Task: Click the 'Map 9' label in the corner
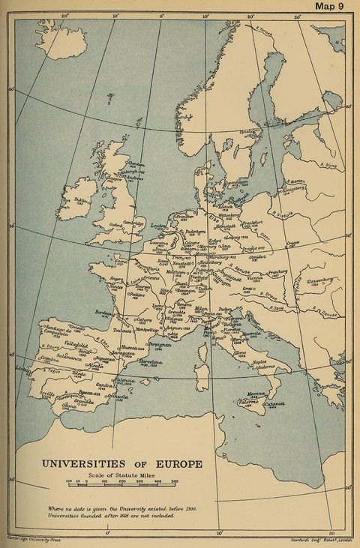click(x=330, y=7)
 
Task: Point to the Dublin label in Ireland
click(x=82, y=200)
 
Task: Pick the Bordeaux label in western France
click(x=105, y=312)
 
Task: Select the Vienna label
click(x=276, y=277)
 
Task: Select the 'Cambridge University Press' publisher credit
click(x=33, y=538)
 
